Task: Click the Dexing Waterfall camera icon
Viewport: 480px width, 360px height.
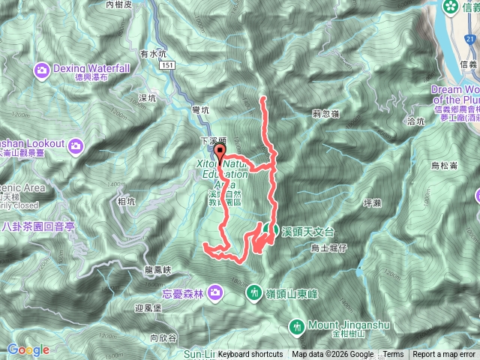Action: point(41,70)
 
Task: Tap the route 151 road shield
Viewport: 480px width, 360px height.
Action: point(169,66)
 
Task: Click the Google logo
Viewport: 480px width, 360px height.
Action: point(28,349)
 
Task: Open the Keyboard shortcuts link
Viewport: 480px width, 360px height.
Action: point(250,355)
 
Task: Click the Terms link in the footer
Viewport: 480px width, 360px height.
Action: point(393,355)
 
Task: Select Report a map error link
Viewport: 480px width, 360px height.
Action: point(445,355)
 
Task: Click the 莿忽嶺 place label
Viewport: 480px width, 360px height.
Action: point(325,114)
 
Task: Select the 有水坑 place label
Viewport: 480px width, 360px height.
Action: point(152,53)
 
